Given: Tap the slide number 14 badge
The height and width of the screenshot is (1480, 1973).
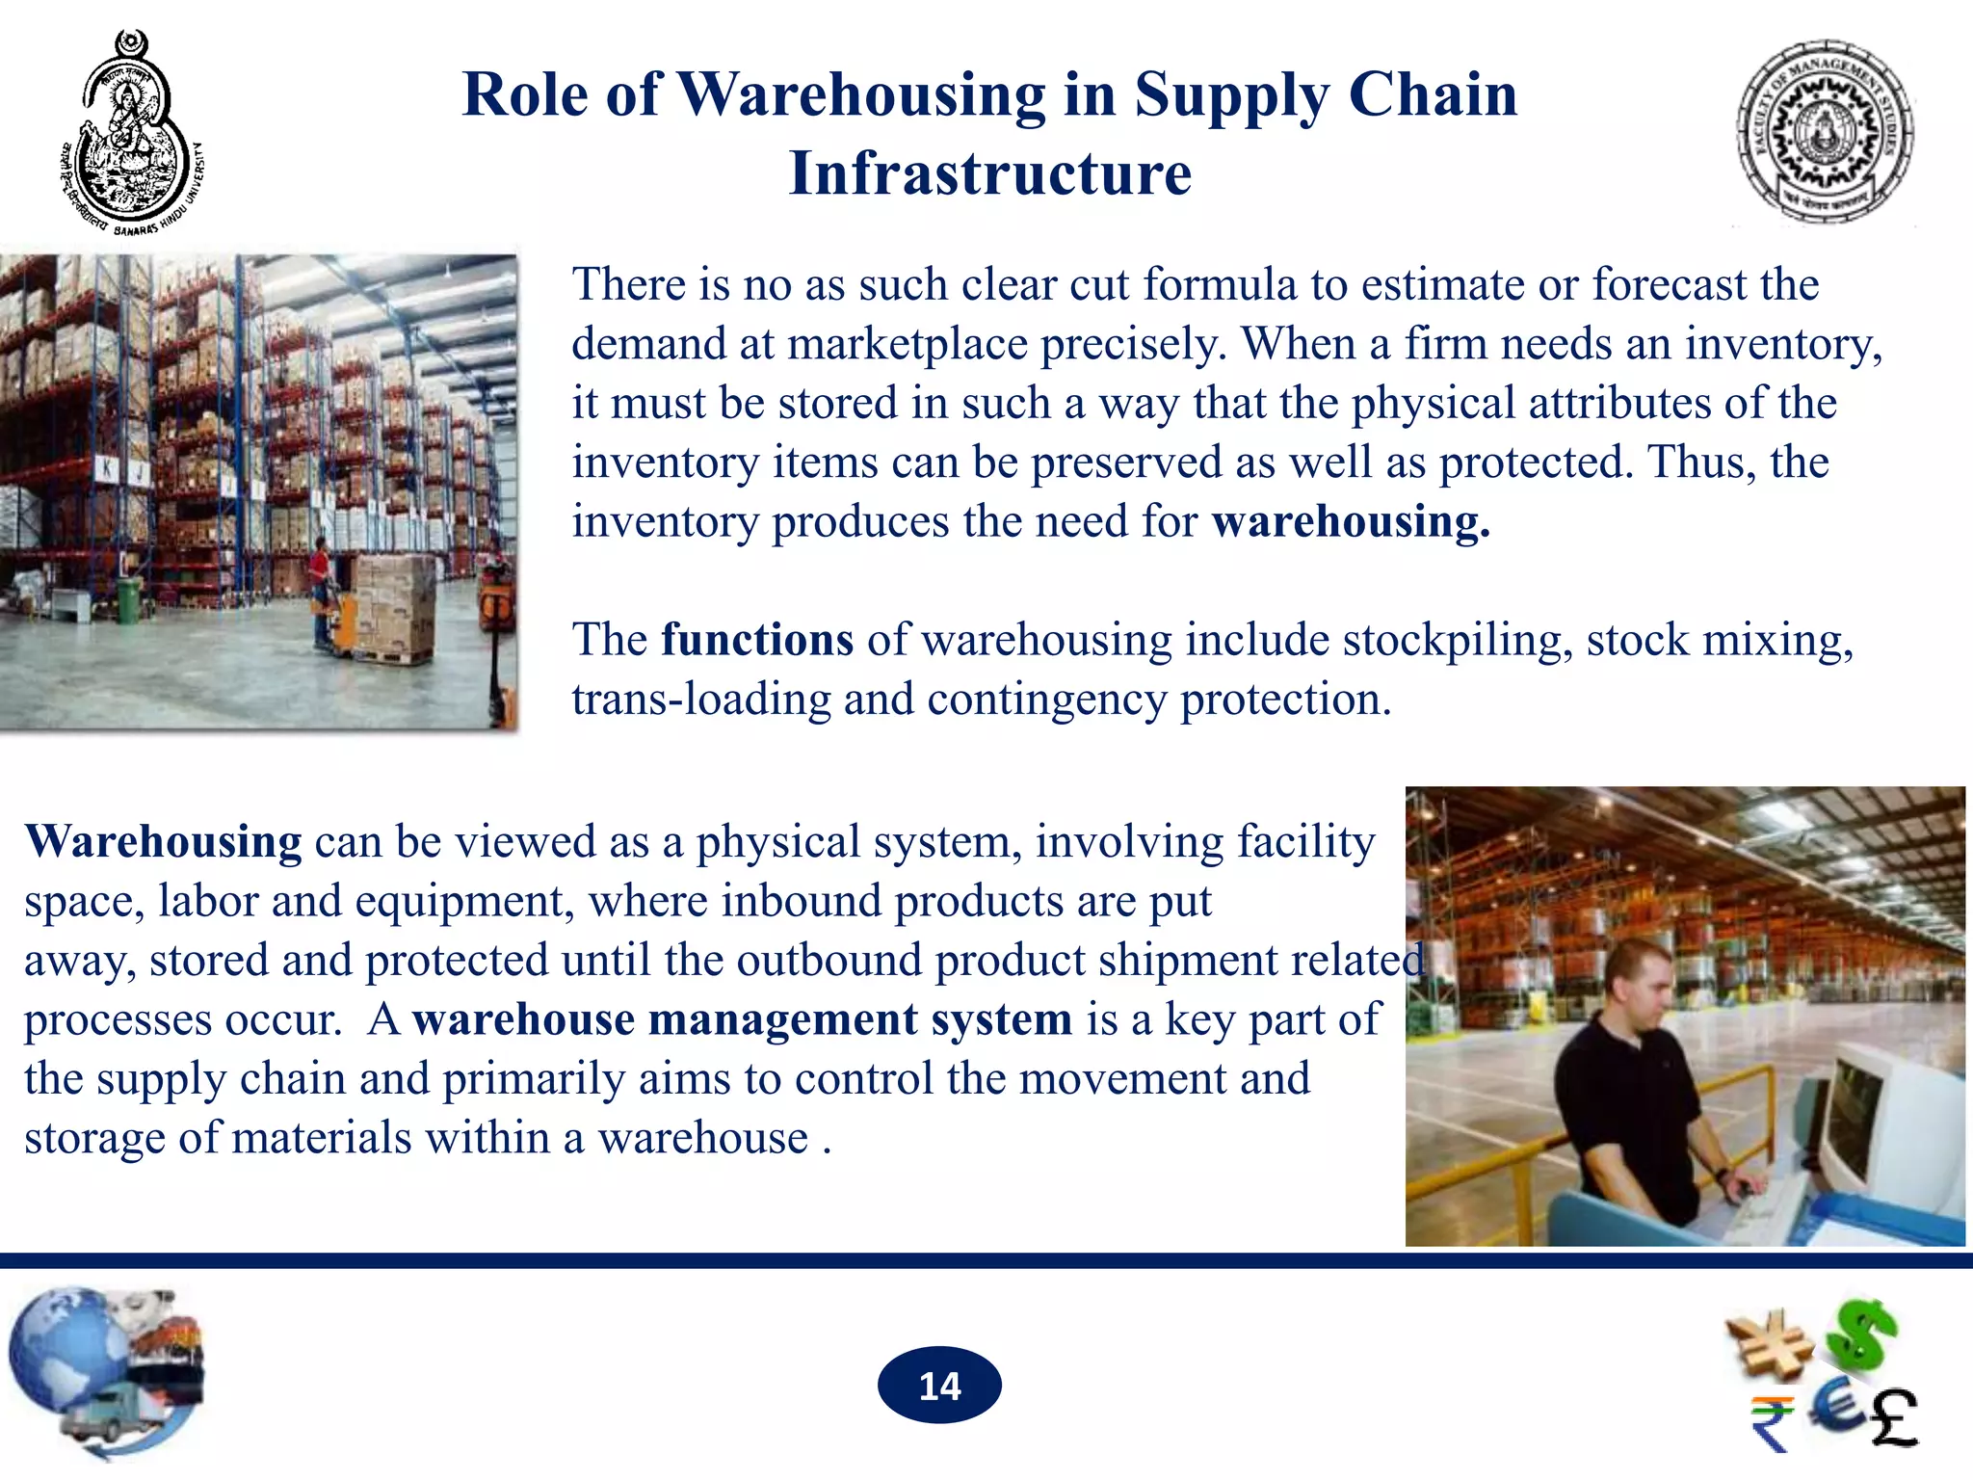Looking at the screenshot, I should point(939,1386).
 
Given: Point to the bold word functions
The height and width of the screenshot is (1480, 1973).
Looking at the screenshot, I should point(757,640).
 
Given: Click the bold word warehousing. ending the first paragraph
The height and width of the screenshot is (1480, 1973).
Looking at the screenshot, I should point(1351,521).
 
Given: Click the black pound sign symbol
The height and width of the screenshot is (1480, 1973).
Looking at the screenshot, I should point(1894,1417).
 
